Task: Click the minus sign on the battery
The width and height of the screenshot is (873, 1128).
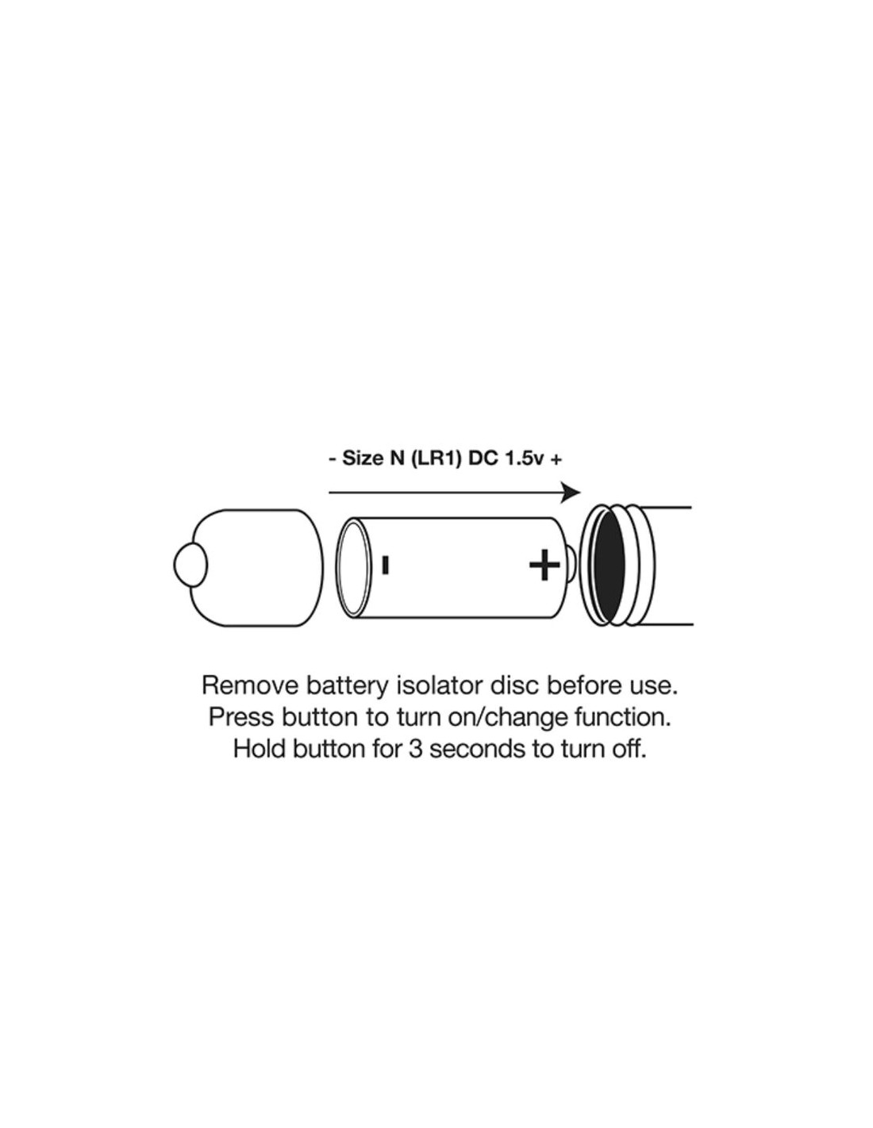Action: click(x=385, y=566)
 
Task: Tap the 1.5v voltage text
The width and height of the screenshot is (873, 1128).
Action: click(x=523, y=460)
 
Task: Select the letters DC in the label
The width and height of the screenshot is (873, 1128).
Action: click(x=480, y=460)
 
